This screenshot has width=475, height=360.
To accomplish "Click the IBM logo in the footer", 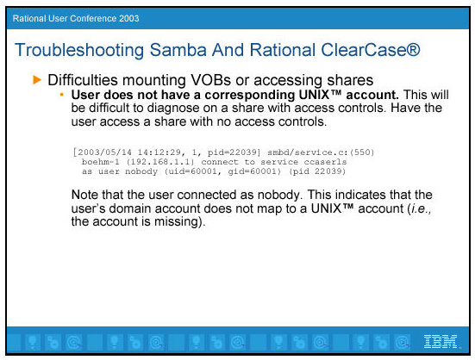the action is (441, 342).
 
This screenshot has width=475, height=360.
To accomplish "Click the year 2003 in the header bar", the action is (129, 18).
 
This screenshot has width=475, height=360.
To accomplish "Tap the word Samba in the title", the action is (178, 50).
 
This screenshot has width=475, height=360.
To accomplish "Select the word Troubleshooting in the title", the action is (79, 51).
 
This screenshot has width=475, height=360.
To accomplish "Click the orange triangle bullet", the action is (37, 80).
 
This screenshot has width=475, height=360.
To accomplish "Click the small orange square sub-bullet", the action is (62, 95).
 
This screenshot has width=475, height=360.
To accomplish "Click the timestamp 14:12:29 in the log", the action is (159, 152).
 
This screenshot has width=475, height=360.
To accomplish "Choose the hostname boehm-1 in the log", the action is (101, 162).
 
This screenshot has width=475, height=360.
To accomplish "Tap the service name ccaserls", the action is (325, 162).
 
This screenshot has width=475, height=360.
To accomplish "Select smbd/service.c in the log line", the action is (305, 152).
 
